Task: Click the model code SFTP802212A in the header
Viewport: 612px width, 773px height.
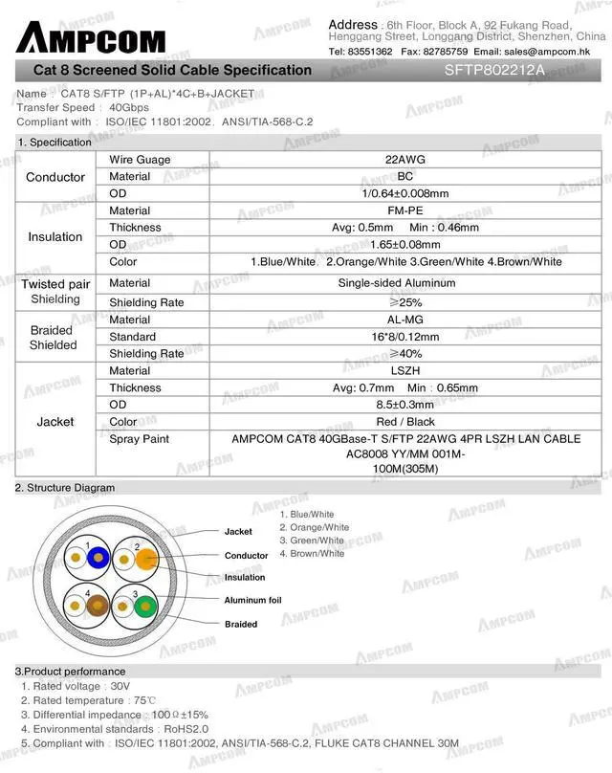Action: point(494,70)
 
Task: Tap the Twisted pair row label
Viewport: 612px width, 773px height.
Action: point(55,284)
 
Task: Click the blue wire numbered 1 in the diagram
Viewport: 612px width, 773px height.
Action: point(94,556)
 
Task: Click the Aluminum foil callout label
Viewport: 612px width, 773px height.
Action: point(252,601)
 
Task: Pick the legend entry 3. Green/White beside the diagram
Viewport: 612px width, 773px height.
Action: point(312,541)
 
